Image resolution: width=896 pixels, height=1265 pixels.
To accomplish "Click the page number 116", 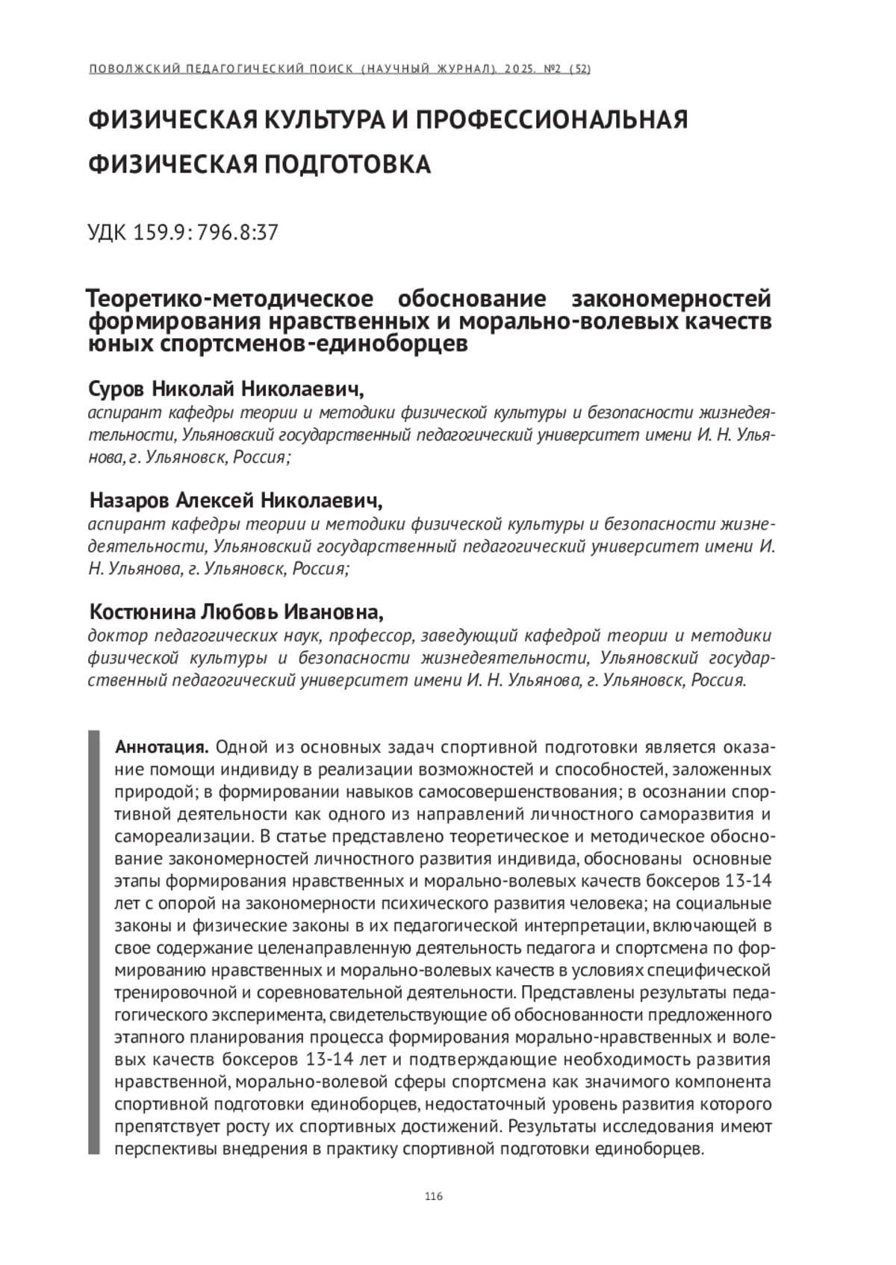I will coord(433,1197).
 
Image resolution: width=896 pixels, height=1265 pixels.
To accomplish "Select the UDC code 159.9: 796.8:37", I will coord(183,233).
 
